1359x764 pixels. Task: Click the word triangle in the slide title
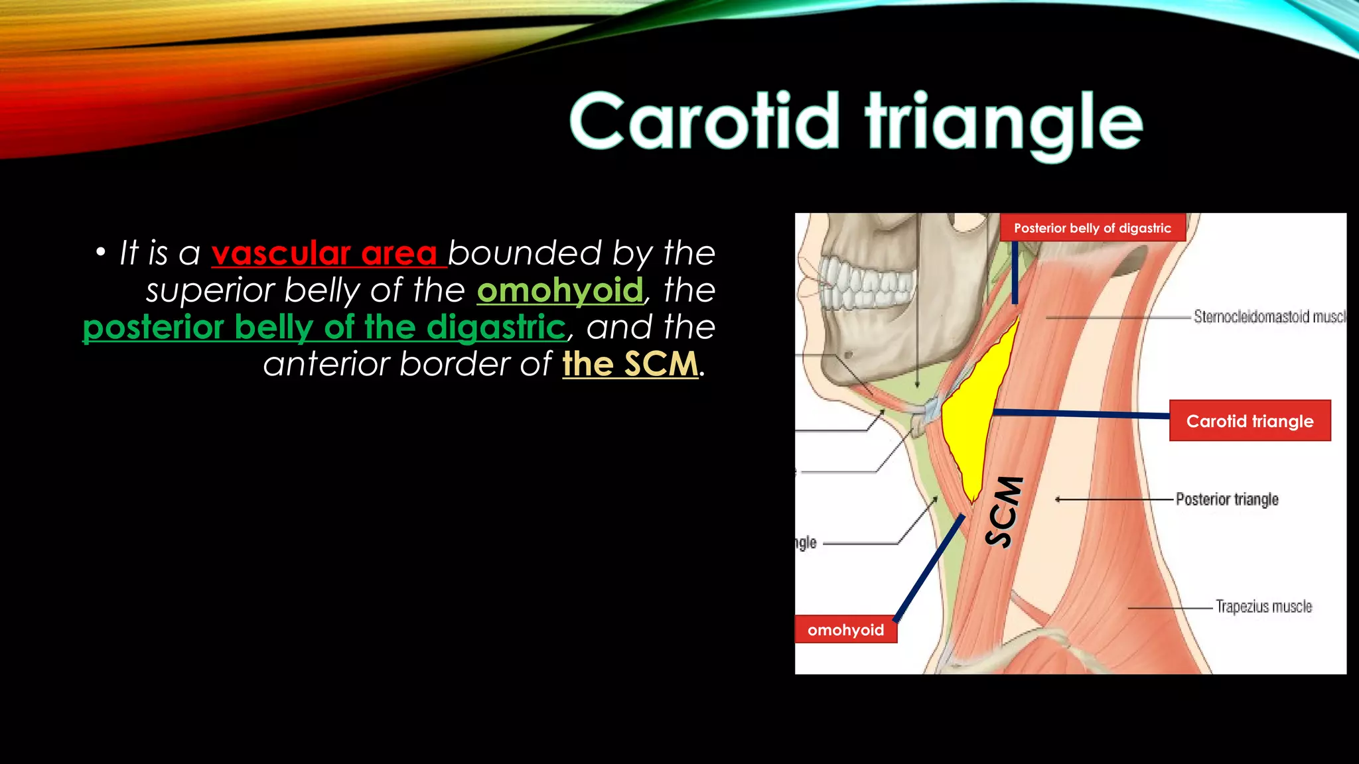coord(1003,123)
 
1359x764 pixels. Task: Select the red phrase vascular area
coord(324,253)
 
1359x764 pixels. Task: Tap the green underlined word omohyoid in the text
coord(559,290)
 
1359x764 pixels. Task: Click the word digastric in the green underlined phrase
coord(496,327)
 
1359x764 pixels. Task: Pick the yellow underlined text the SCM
coord(630,364)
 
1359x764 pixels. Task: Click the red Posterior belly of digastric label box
coord(1092,228)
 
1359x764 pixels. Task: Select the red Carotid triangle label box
coord(1250,421)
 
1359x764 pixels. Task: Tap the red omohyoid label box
coord(845,630)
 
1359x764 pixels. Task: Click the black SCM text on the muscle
coord(1003,512)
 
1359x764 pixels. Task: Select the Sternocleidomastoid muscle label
coord(1267,316)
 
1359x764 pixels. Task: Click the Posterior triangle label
coord(1226,499)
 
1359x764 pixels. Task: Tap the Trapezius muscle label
coord(1263,607)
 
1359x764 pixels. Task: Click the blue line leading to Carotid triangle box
coord(1082,414)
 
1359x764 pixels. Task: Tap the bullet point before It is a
coord(100,252)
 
